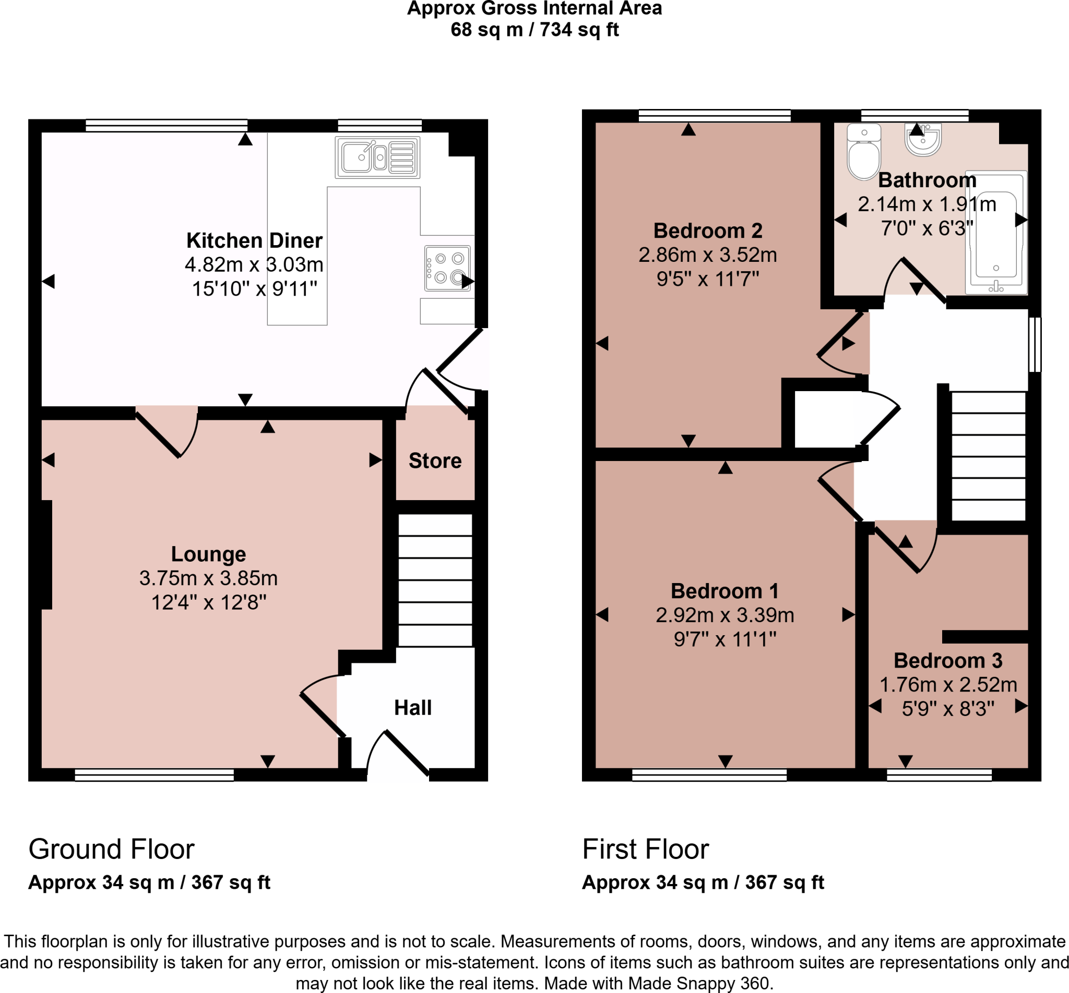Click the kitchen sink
click(x=377, y=158)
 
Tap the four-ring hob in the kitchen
click(x=447, y=269)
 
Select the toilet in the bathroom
click(x=863, y=152)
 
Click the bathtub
click(x=996, y=233)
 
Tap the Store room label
click(x=435, y=461)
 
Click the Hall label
click(x=413, y=708)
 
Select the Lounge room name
click(x=209, y=554)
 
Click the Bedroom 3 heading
click(x=948, y=660)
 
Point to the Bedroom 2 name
click(x=708, y=231)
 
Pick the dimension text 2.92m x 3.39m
click(x=725, y=615)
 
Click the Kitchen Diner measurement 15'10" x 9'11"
click(x=254, y=289)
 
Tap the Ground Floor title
click(x=111, y=850)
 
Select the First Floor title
click(x=645, y=850)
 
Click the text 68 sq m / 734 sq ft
click(x=534, y=30)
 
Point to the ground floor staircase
click(x=435, y=580)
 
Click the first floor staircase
click(x=988, y=456)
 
